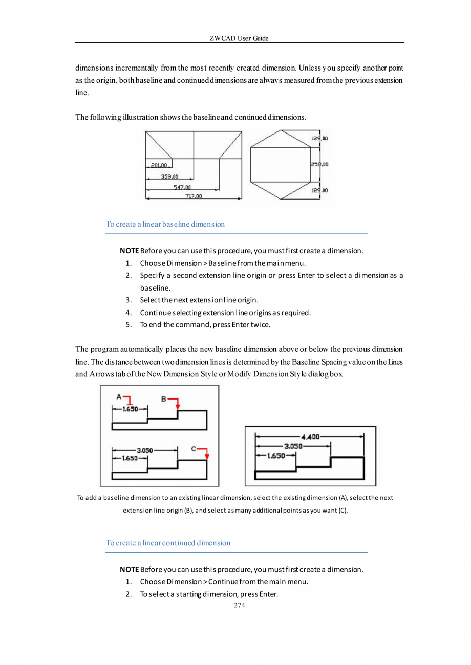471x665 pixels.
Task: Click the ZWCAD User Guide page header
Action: click(x=239, y=38)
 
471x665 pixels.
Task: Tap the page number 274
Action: click(x=239, y=605)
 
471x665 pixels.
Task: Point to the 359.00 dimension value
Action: click(x=169, y=176)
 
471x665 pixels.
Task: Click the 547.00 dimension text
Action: click(x=182, y=187)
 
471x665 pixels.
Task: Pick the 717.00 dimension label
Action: click(x=194, y=196)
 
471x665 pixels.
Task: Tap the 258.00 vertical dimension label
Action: click(x=319, y=164)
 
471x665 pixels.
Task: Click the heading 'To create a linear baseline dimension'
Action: click(x=165, y=224)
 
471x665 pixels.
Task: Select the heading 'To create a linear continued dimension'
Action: click(x=168, y=543)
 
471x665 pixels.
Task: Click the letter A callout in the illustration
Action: click(x=119, y=396)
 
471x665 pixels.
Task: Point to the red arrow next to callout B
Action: click(x=176, y=402)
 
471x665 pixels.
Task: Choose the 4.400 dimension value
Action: click(x=310, y=436)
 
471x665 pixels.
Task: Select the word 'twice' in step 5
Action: click(x=259, y=324)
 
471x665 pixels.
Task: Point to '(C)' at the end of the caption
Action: click(x=342, y=511)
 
